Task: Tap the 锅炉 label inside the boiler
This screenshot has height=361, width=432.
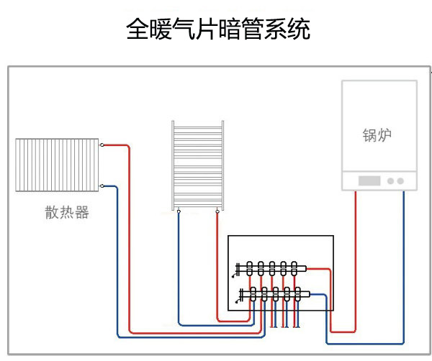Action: click(377, 135)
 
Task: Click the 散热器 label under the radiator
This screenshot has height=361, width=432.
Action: click(67, 213)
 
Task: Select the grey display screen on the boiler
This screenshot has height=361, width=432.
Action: click(368, 181)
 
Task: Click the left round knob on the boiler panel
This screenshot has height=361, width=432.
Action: click(391, 181)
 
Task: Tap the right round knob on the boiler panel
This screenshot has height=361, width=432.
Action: click(400, 181)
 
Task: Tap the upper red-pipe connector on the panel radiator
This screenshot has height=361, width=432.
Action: click(102, 145)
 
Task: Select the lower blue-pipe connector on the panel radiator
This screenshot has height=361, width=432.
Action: click(102, 186)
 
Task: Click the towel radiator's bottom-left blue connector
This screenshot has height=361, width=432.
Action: click(179, 211)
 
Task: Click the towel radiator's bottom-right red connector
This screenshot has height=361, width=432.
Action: click(217, 211)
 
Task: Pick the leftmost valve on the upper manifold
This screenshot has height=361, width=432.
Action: click(249, 268)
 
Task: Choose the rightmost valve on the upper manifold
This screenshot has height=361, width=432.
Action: click(294, 268)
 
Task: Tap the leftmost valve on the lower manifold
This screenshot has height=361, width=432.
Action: click(253, 293)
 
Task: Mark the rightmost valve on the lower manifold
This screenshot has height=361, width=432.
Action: click(299, 293)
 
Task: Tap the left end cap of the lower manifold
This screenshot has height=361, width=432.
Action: click(241, 293)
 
